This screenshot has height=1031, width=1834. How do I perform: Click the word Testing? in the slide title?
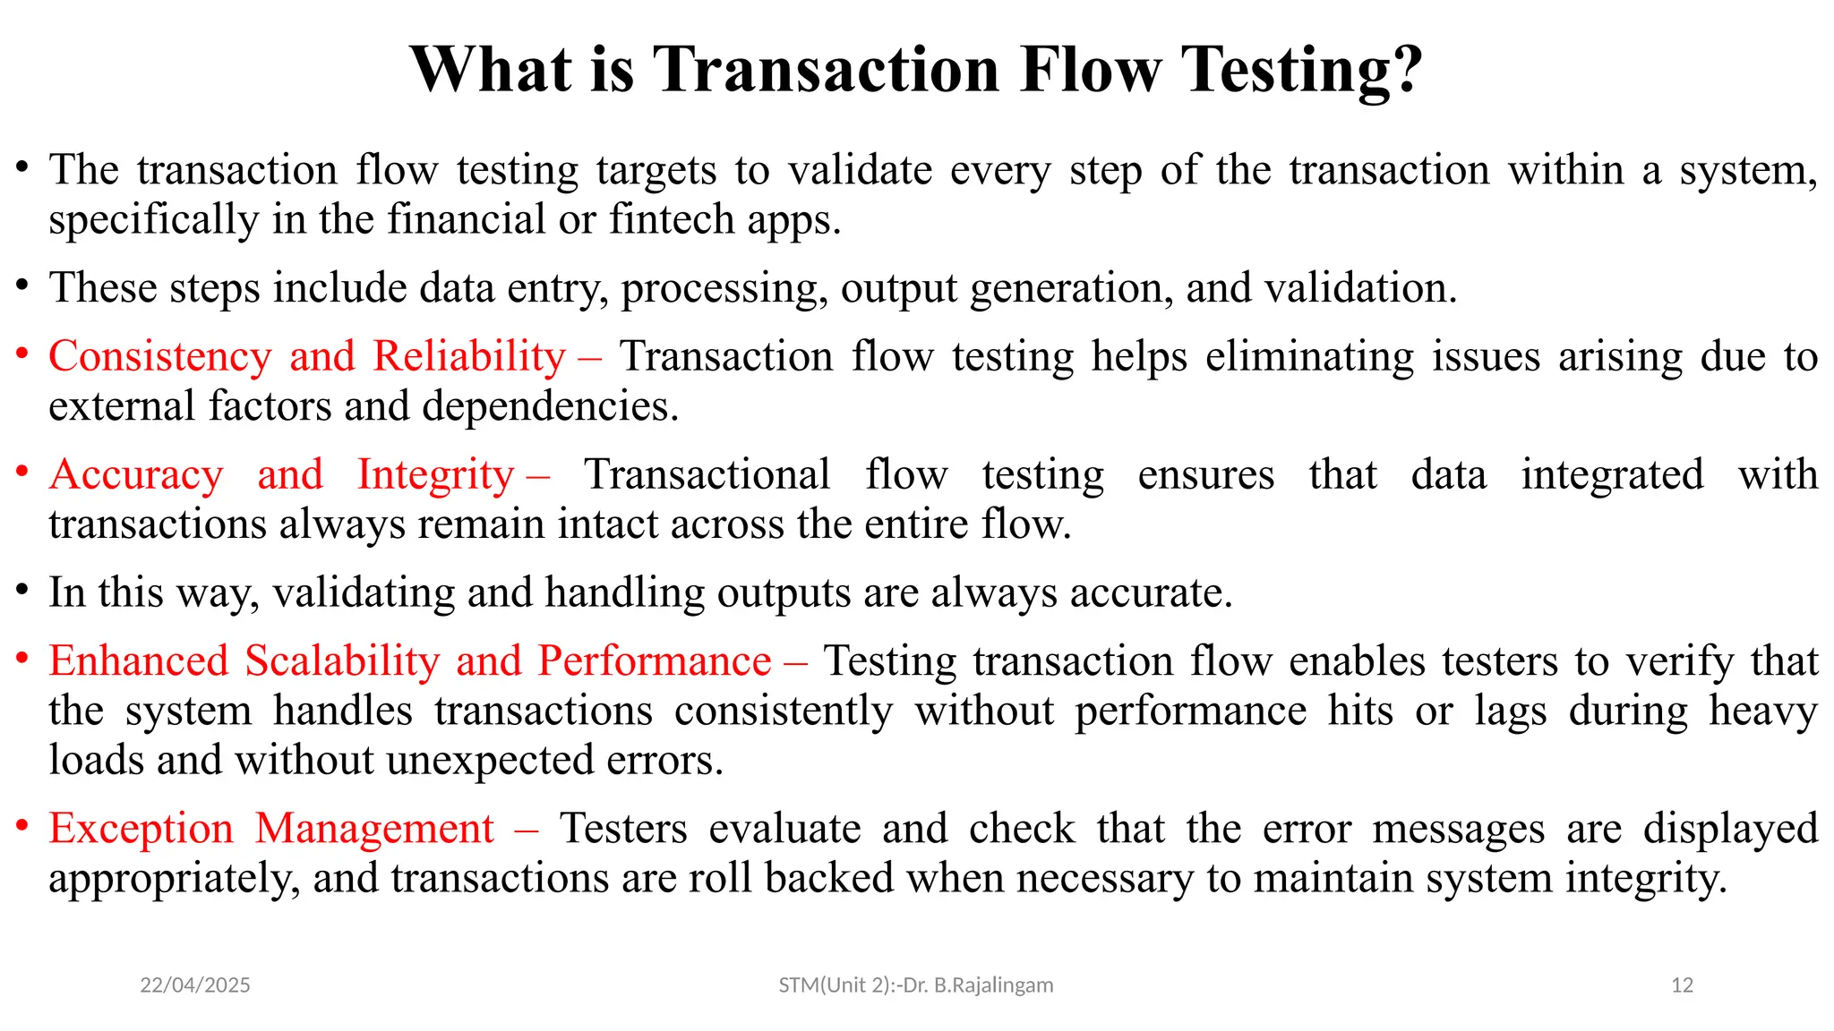point(1300,70)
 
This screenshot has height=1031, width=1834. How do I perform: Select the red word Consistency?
point(159,357)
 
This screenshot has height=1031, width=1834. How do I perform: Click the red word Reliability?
point(469,357)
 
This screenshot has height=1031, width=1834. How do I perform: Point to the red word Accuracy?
point(136,475)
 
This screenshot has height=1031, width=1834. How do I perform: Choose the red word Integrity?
point(435,475)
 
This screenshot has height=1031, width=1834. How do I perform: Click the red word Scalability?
point(342,661)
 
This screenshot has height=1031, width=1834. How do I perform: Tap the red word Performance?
point(654,661)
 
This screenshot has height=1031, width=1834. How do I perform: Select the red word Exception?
point(141,829)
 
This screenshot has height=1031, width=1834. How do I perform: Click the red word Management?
point(374,829)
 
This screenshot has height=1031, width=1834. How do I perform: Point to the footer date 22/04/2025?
point(195,985)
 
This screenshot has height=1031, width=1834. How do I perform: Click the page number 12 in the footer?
point(1682,985)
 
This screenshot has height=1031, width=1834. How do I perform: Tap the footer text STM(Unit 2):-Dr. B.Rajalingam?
point(915,985)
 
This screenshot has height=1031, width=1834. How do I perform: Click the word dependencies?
point(549,407)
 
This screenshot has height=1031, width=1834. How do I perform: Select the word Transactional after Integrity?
point(707,475)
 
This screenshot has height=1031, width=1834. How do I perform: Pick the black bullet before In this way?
point(22,590)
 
